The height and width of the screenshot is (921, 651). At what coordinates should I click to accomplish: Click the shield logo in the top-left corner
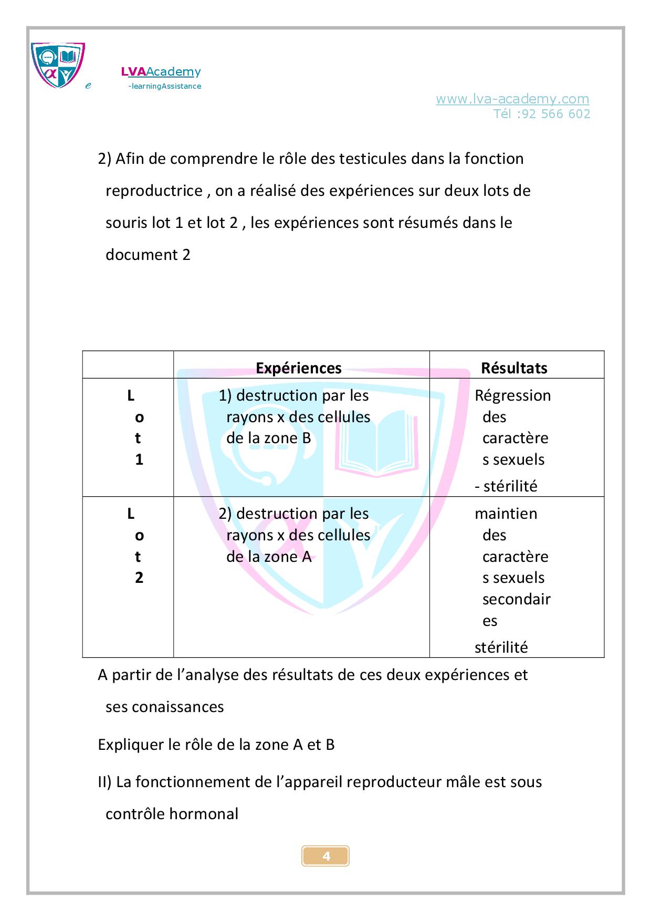[58, 65]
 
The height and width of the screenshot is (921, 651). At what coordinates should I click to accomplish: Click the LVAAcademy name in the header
[161, 72]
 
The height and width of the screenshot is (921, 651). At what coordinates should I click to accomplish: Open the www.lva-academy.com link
[512, 99]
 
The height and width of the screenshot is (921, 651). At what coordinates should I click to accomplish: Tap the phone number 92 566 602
[556, 114]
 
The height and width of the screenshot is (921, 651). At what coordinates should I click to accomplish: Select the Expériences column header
[298, 368]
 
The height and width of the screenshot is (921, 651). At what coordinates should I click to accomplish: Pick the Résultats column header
[514, 368]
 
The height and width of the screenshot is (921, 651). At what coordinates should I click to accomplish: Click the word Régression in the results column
[512, 395]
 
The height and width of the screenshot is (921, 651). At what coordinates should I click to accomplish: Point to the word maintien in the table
[506, 514]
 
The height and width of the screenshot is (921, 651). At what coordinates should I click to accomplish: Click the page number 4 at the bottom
[326, 856]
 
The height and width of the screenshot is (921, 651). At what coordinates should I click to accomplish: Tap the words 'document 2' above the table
[148, 255]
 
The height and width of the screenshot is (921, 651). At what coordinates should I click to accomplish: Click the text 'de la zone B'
[268, 438]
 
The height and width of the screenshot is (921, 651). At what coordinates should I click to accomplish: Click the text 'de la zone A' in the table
[269, 557]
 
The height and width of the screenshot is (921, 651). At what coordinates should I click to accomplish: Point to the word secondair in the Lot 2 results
[516, 599]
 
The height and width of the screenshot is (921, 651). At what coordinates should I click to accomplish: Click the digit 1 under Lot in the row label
[139, 460]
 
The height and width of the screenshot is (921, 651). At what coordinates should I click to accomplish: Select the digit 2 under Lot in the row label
[139, 578]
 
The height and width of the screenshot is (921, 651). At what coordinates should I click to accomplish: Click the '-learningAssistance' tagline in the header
[164, 86]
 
